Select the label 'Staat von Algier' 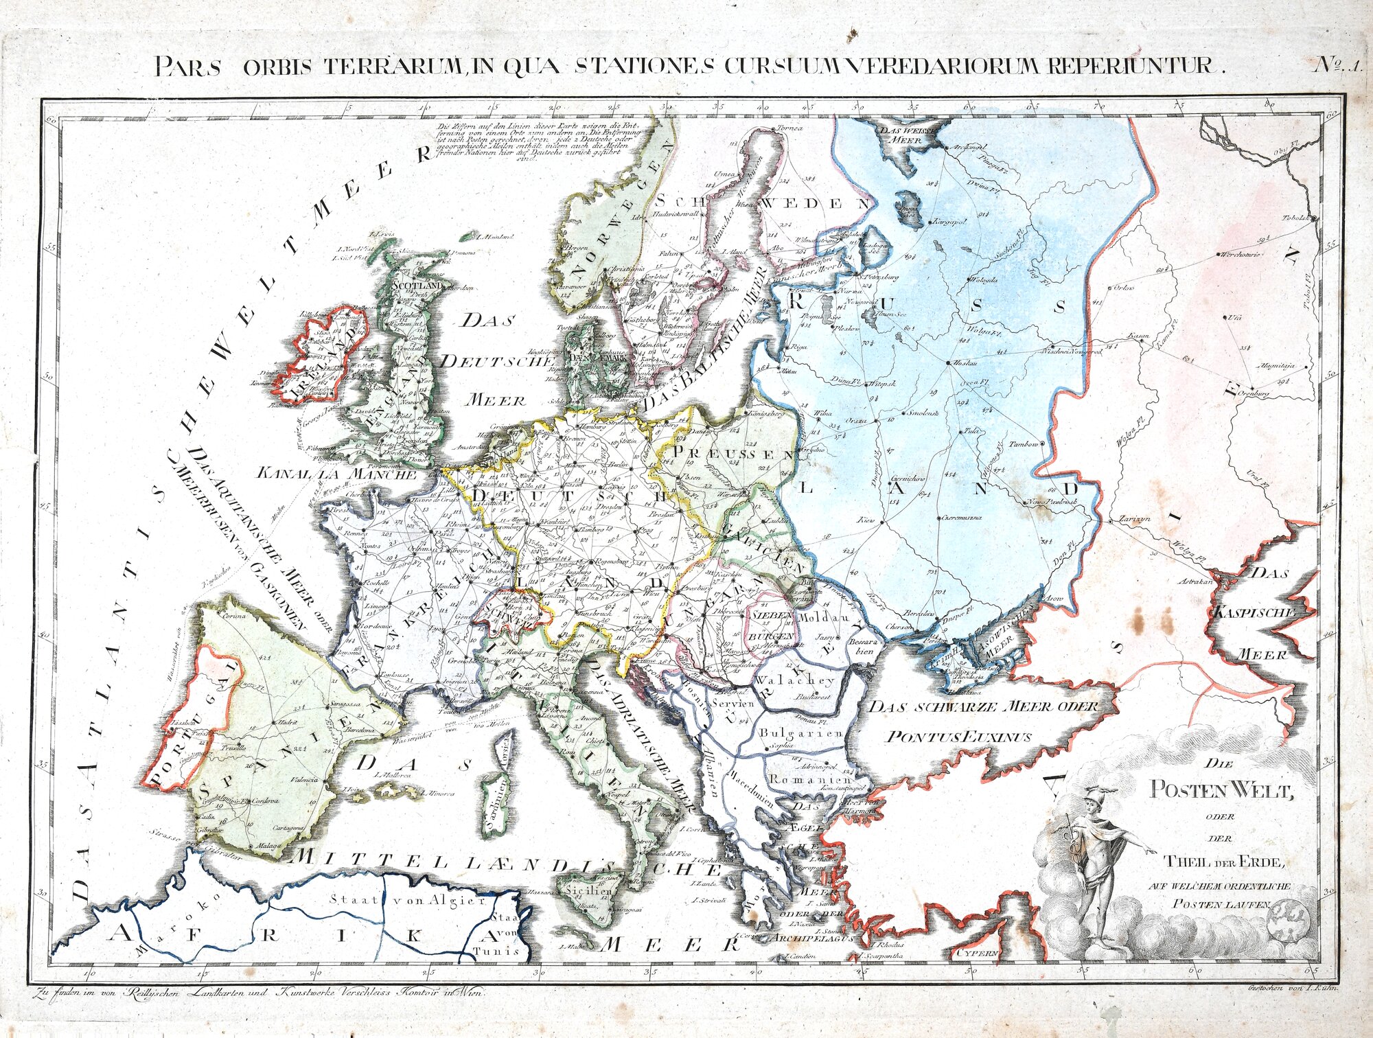407,900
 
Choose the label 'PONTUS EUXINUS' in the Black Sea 958,737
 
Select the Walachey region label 794,680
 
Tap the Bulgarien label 800,733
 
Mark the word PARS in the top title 183,66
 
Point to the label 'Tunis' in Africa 507,951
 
